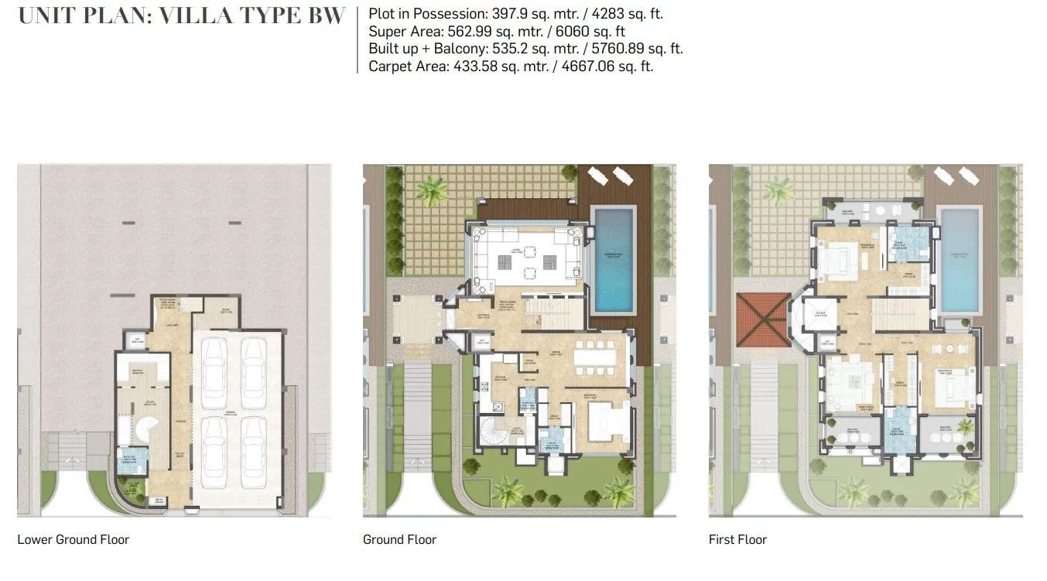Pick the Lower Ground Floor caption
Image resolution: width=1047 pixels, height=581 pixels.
[x=73, y=539]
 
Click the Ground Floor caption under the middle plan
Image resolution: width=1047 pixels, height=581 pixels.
[x=399, y=539]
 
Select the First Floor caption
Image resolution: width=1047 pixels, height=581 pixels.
[x=737, y=539]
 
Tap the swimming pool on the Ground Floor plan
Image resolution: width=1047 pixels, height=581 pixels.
[x=614, y=258]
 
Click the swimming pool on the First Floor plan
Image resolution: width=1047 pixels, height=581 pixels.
[x=959, y=258]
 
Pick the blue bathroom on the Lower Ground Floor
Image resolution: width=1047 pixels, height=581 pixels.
[x=126, y=462]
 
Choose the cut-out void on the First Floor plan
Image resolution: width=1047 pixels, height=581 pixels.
[x=816, y=314]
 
